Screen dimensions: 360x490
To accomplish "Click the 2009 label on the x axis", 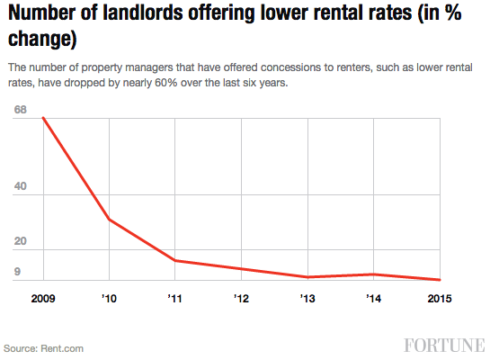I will pyautogui.click(x=42, y=297).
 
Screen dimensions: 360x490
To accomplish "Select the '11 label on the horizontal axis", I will pyautogui.click(x=174, y=297).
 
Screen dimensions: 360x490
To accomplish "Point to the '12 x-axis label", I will pyautogui.click(x=241, y=297).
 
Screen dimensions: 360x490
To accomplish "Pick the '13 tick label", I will pyautogui.click(x=307, y=297).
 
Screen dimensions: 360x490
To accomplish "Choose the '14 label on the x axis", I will pyautogui.click(x=373, y=297).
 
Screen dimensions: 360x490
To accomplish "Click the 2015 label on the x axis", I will pyautogui.click(x=439, y=297).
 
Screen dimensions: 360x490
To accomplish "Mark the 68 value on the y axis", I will pyautogui.click(x=21, y=111).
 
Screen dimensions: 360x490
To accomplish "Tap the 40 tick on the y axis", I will pyautogui.click(x=21, y=187).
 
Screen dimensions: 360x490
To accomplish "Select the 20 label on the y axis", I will pyautogui.click(x=21, y=242).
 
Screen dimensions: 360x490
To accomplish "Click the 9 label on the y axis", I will pyautogui.click(x=17, y=273).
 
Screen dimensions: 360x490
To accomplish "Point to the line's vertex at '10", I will pyautogui.click(x=109, y=220).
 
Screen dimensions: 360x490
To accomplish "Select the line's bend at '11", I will pyautogui.click(x=174, y=260).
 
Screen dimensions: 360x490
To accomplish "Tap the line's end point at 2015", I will pyautogui.click(x=440, y=280).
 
